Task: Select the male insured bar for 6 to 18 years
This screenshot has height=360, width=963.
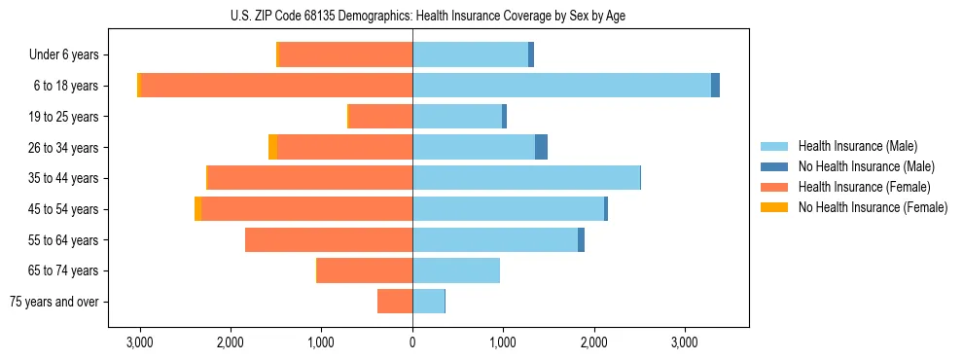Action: [x=561, y=86]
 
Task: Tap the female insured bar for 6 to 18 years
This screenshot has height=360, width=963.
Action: [x=277, y=86]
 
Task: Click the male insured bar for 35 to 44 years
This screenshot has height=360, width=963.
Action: [x=526, y=178]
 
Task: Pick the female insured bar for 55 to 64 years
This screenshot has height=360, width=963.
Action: [x=329, y=239]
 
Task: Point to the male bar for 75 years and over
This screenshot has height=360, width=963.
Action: [x=428, y=302]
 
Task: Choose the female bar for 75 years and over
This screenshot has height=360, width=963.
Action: [x=395, y=302]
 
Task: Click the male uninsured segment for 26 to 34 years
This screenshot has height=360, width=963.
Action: [x=541, y=147]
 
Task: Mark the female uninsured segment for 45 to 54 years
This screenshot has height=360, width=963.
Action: [x=198, y=209]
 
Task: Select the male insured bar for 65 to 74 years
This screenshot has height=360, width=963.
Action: [x=456, y=270]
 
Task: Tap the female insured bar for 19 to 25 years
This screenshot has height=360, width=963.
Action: [x=380, y=117]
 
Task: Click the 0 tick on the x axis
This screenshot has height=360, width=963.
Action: [x=412, y=342]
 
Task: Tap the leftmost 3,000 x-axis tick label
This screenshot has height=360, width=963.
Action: [x=140, y=342]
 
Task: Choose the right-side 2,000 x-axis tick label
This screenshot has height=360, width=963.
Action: [x=593, y=342]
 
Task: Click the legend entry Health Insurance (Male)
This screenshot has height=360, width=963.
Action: [x=857, y=146]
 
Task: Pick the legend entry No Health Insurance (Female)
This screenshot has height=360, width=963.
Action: [x=873, y=207]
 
